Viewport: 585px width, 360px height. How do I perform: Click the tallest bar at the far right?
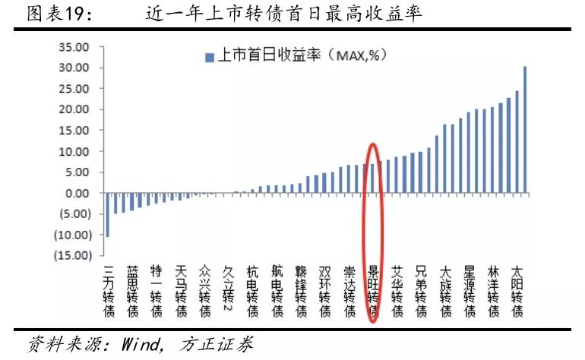click(x=525, y=130)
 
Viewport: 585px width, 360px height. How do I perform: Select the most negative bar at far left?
click(x=107, y=215)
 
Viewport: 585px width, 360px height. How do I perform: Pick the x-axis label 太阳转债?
click(x=517, y=290)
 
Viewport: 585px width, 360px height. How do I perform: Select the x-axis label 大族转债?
click(x=446, y=290)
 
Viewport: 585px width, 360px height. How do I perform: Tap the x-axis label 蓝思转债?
click(x=133, y=290)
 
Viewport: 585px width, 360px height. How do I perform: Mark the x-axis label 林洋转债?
click(x=493, y=290)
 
